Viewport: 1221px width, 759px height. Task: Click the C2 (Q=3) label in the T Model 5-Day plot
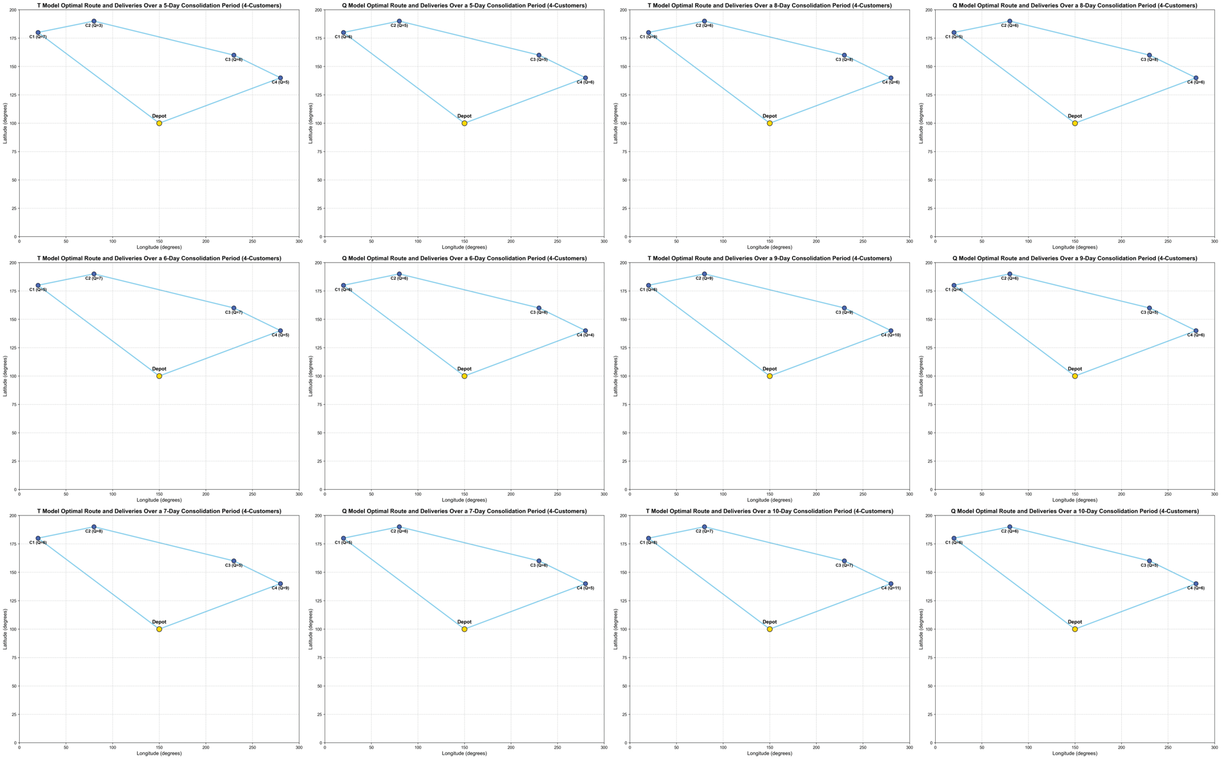(94, 26)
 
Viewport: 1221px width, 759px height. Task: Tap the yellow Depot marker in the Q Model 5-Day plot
(464, 123)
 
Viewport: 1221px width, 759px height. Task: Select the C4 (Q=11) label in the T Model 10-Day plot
(891, 588)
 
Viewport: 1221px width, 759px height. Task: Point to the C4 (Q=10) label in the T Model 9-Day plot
(891, 335)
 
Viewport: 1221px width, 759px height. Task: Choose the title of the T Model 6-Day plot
(159, 258)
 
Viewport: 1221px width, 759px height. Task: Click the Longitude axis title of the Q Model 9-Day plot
(1074, 500)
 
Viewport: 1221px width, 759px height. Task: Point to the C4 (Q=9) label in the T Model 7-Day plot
(281, 588)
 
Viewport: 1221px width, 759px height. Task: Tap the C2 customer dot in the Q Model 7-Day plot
(399, 527)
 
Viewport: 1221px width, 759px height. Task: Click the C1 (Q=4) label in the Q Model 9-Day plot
(953, 290)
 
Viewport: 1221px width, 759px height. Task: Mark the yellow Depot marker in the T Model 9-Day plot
(769, 376)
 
